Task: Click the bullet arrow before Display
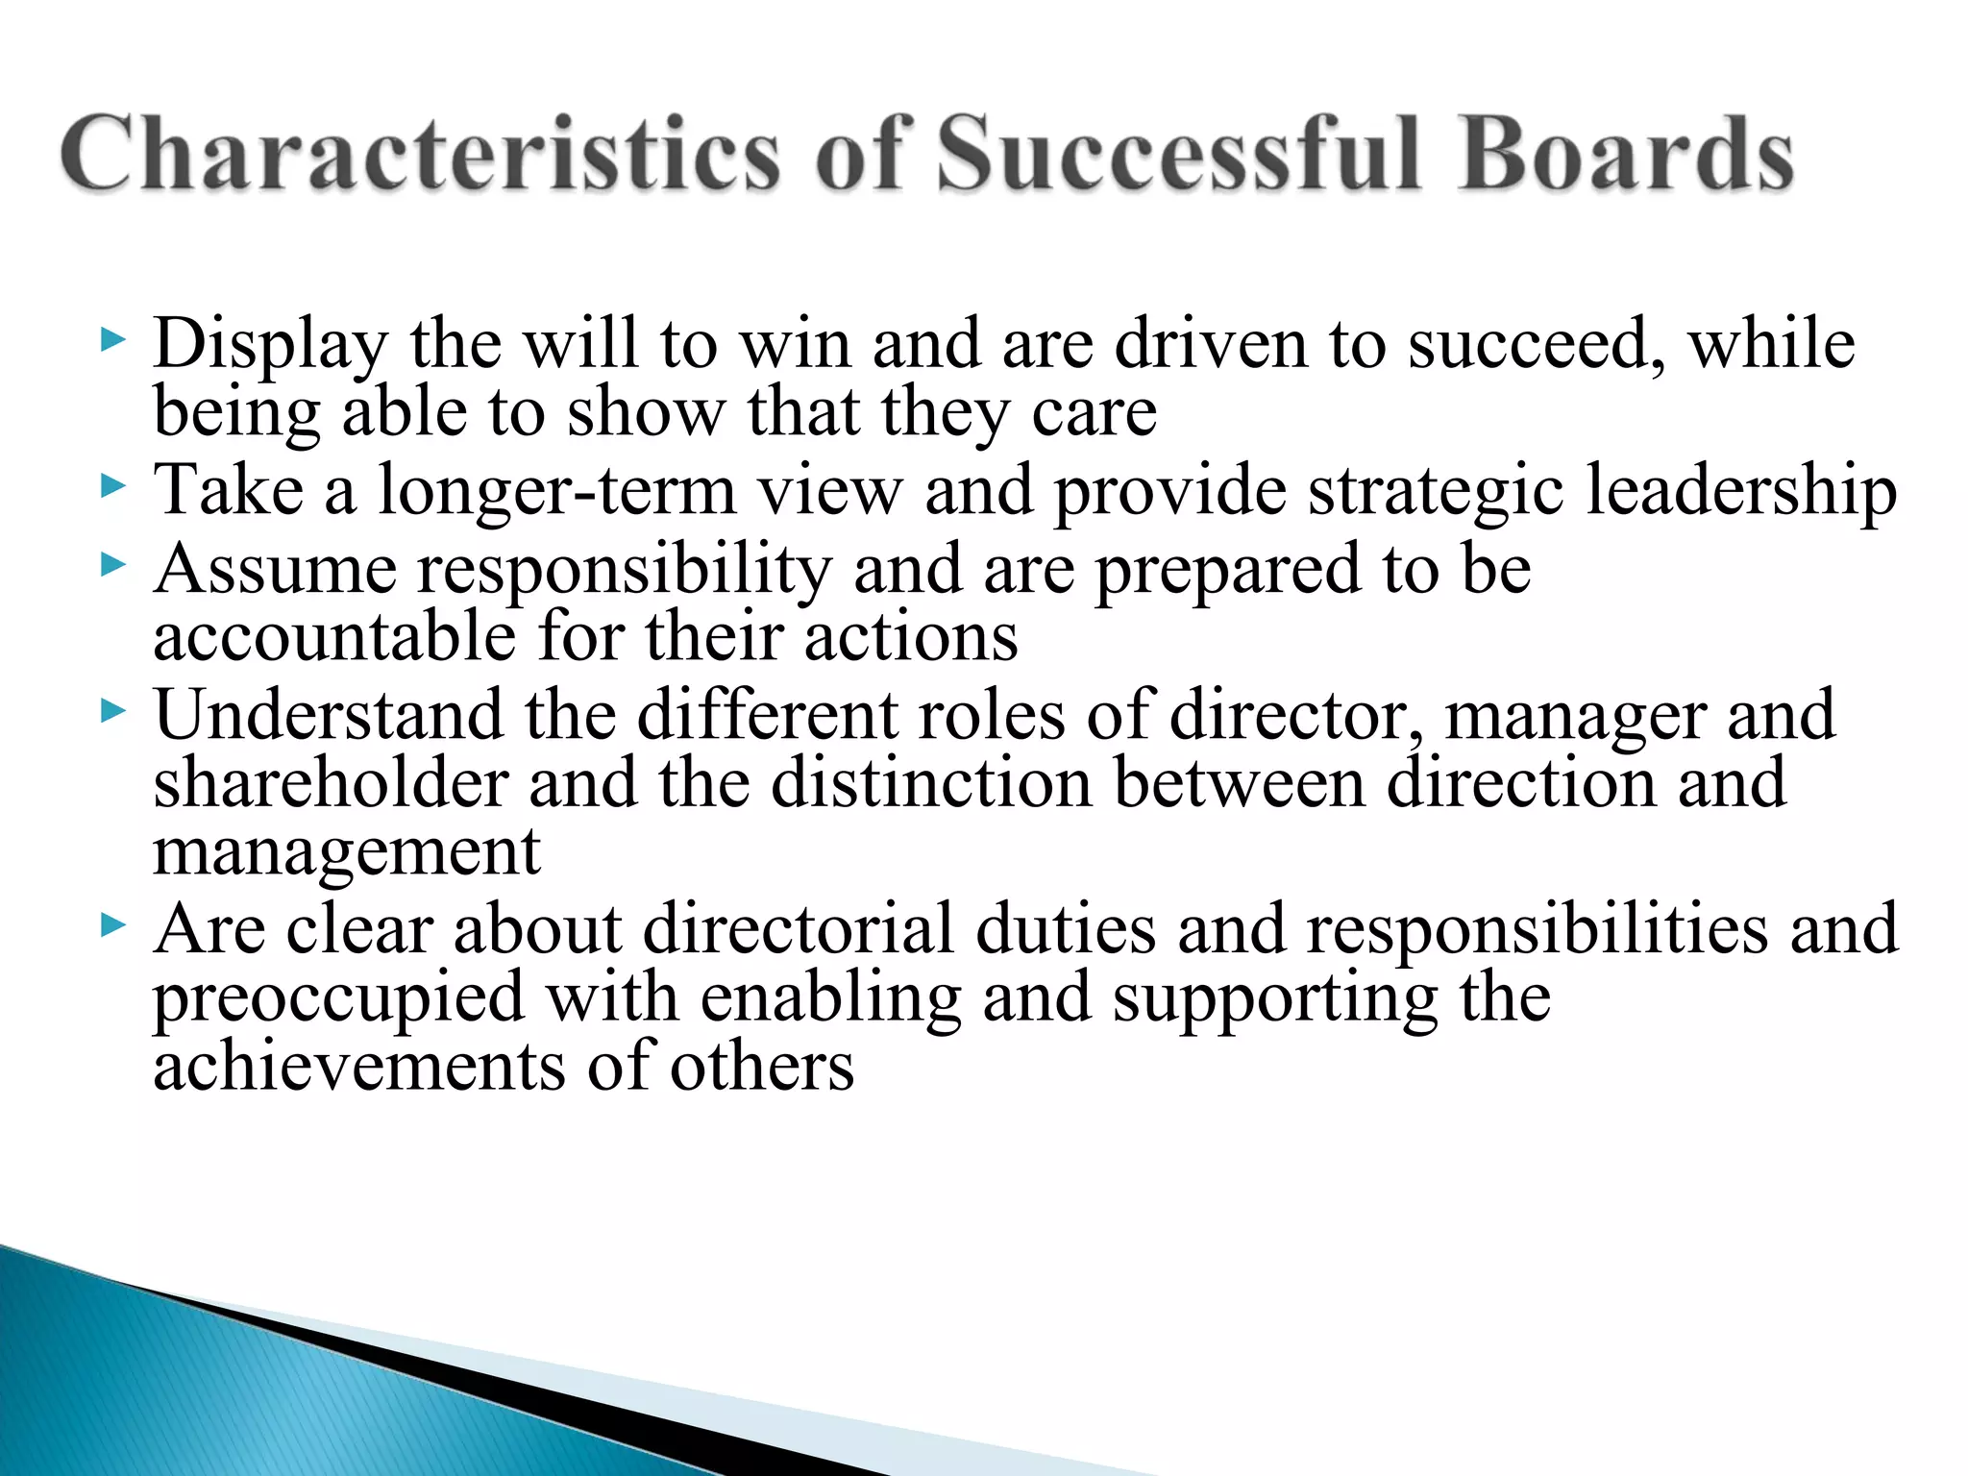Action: pos(112,339)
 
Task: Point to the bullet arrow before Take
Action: pos(112,486)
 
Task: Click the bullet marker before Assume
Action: pos(112,566)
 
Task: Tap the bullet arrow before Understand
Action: pos(112,712)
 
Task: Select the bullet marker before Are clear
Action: pos(112,926)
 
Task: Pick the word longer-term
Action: pos(557,490)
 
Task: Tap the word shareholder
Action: pos(331,782)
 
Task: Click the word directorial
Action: pos(798,930)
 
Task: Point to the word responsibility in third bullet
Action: pos(624,571)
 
